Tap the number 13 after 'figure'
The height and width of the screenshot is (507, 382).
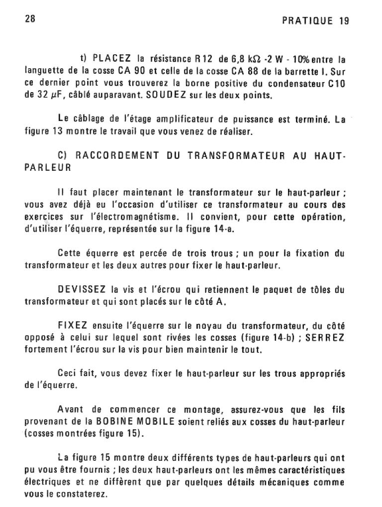coord(57,132)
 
